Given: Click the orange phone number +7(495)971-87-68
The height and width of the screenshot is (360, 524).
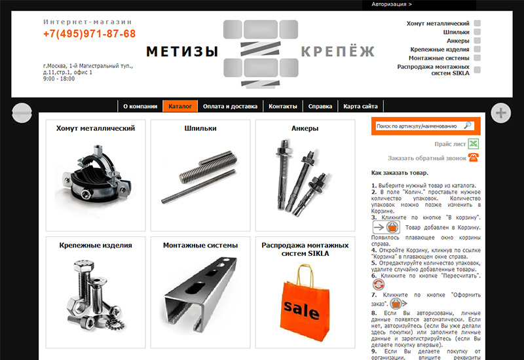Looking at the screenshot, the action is pos(89,34).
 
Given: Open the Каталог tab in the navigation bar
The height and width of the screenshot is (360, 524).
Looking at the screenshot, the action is pos(180,106).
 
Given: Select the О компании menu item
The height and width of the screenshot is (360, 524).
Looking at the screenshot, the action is pos(140,106).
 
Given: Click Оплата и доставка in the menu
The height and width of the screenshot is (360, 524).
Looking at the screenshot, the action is pos(230,106).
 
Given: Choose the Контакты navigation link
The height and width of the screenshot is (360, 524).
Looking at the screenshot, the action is pos(283,106).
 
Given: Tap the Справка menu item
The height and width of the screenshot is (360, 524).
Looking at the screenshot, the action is pos(320,106).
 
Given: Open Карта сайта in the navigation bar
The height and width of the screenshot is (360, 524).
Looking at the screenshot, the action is pos(361,106).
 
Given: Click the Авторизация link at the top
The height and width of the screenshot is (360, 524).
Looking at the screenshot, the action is pos(392,5).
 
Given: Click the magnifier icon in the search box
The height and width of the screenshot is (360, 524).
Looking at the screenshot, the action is pos(468,126).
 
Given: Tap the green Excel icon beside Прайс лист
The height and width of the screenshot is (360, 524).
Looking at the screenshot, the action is pos(473,144).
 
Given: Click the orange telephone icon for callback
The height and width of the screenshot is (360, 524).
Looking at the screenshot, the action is pos(473,157).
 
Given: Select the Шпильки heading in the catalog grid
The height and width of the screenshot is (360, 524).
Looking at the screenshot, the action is pos(200,128).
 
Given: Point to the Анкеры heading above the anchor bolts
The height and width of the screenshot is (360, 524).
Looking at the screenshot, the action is pos(305,128).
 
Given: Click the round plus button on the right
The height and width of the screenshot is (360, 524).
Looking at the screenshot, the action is pos(500,113).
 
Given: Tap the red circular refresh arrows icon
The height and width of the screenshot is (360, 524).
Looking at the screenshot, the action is pos(379,285).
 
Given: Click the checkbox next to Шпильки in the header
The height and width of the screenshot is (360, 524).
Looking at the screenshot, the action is pos(477,32).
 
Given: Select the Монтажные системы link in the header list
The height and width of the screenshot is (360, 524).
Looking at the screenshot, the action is pos(439,58).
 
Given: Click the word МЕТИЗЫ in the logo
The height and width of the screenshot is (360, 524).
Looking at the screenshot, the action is pos(183,52).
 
